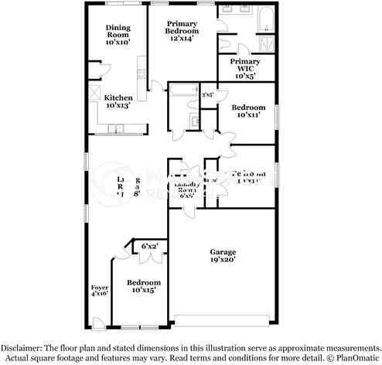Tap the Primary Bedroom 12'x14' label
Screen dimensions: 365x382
pos(182,31)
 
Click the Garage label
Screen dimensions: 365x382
pos(222,256)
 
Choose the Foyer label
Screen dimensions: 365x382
pos(99,291)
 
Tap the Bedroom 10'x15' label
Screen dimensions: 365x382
pos(144,286)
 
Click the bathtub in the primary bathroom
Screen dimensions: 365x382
pos(265,19)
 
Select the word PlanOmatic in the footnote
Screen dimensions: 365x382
pos(356,357)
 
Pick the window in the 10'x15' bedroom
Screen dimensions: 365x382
pos(140,324)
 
